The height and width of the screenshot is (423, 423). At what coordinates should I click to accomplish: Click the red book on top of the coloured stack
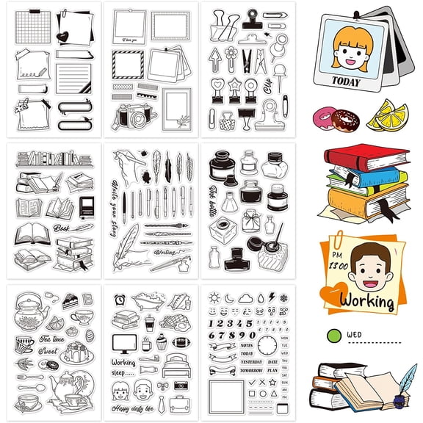374,156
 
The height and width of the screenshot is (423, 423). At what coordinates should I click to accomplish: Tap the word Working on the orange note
372,301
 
